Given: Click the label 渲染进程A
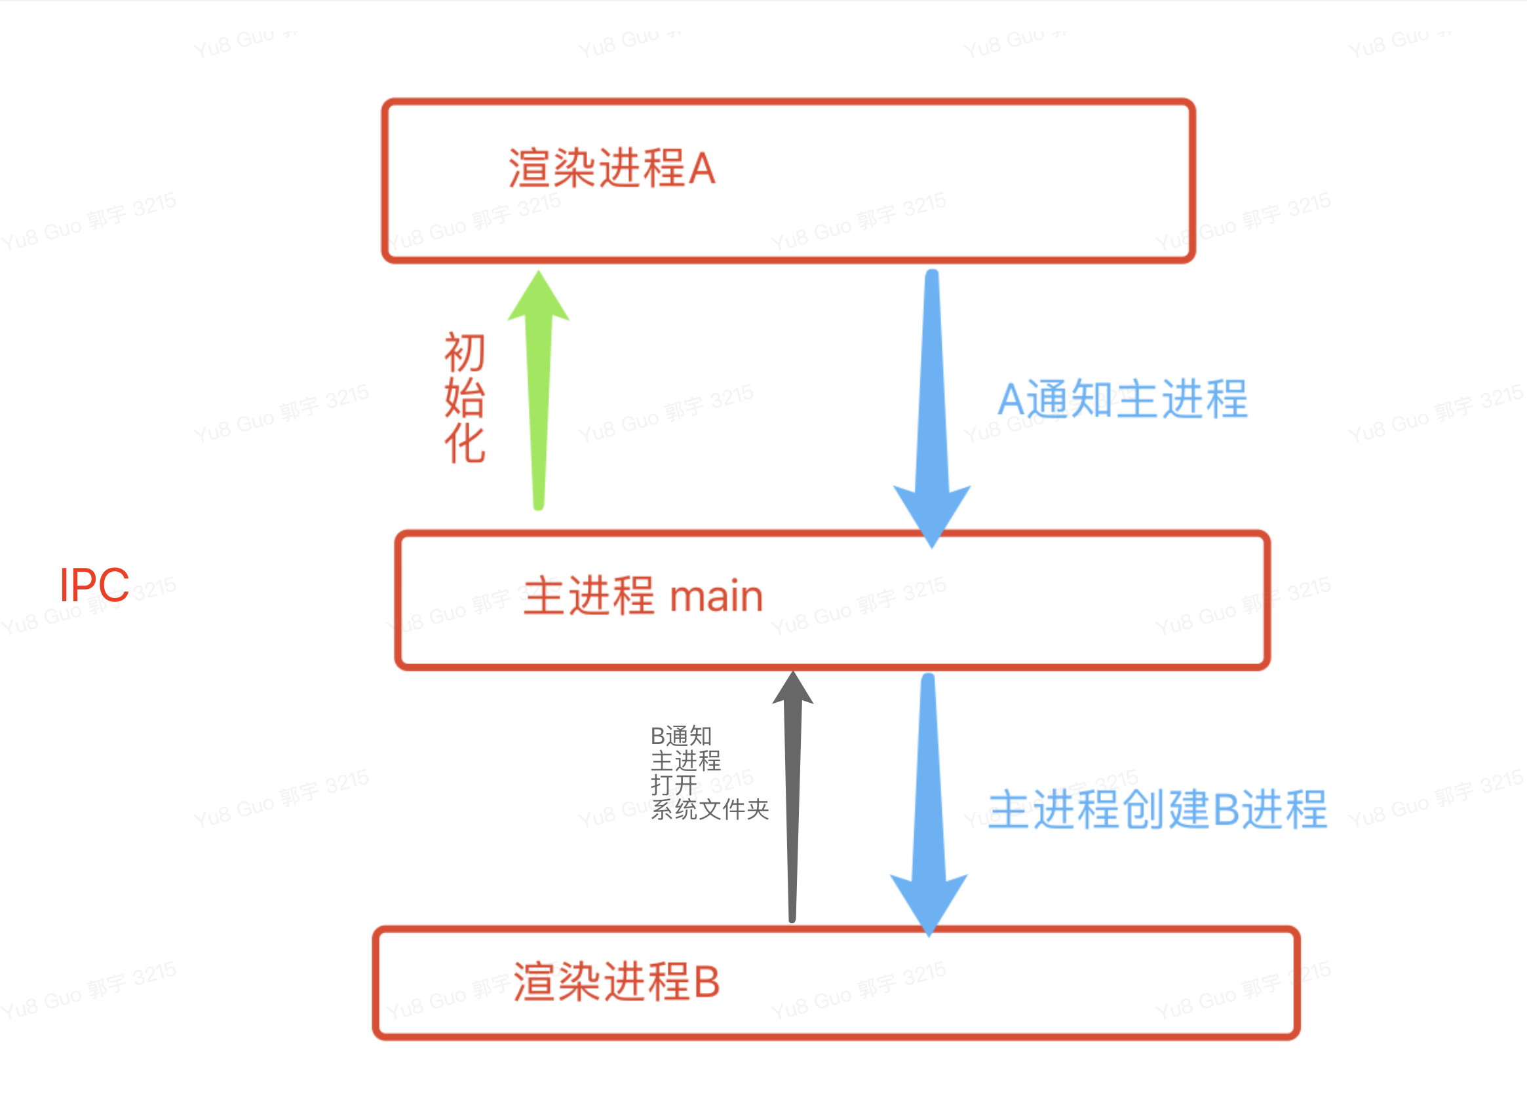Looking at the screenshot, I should coord(611,168).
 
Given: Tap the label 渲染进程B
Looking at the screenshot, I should coord(616,981).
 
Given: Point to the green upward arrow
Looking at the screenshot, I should coord(539,403).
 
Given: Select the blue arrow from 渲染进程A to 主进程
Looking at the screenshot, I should coord(932,403).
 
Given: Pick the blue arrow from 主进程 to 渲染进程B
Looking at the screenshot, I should coord(929,801).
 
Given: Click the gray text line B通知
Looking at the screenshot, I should coord(681,736).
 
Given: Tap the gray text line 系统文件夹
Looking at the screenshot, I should coord(710,809).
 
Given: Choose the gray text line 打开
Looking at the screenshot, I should coord(673,785).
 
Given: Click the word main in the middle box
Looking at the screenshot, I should coord(716,596).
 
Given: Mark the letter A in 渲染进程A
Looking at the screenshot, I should coord(701,168).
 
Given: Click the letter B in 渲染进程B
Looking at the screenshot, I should coord(706,982).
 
